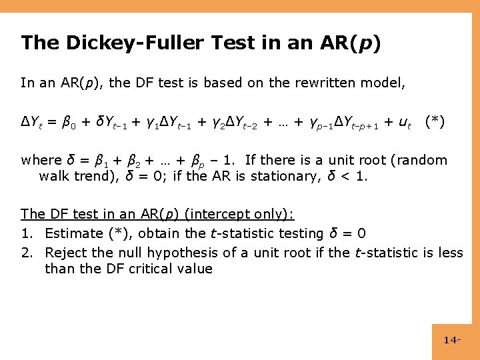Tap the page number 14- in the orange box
[452, 340]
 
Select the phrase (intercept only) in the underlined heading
[240, 214]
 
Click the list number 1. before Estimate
[27, 233]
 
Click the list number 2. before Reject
[27, 252]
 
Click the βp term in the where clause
[197, 161]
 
